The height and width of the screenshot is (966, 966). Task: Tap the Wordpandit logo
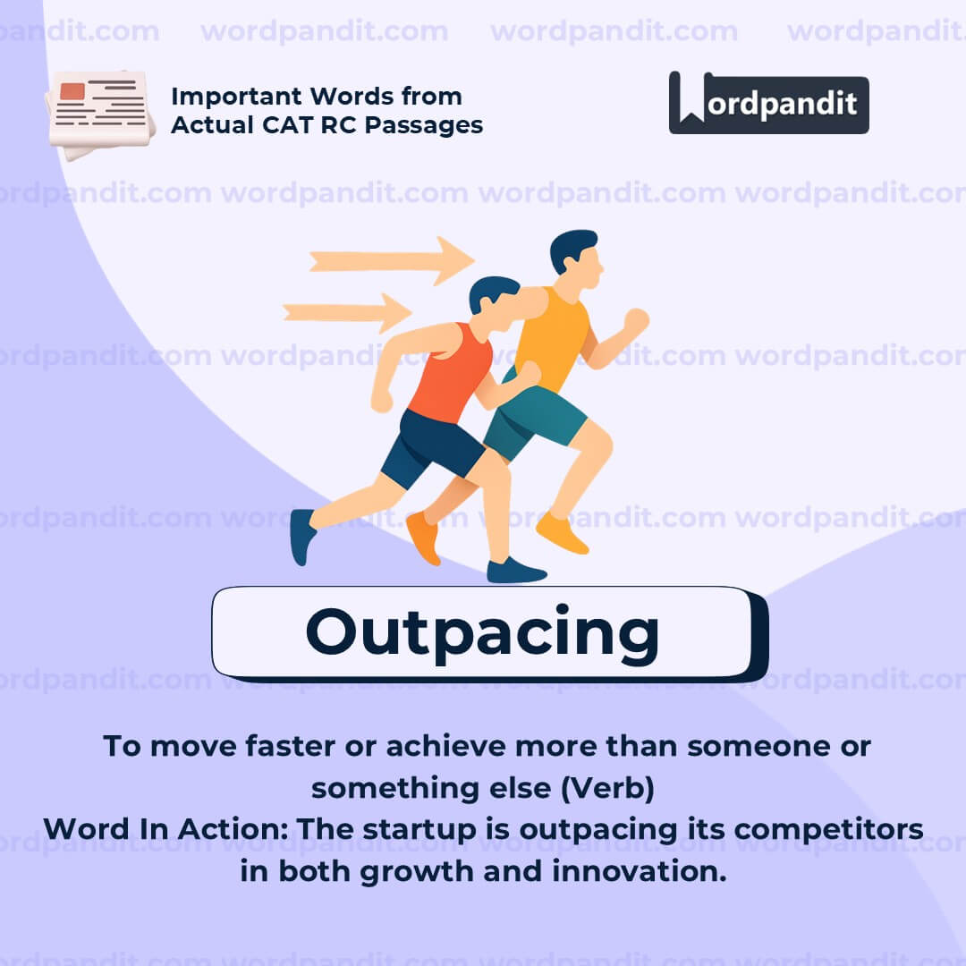768,103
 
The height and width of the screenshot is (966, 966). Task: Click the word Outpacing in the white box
482,632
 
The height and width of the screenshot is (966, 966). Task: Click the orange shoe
423,536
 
